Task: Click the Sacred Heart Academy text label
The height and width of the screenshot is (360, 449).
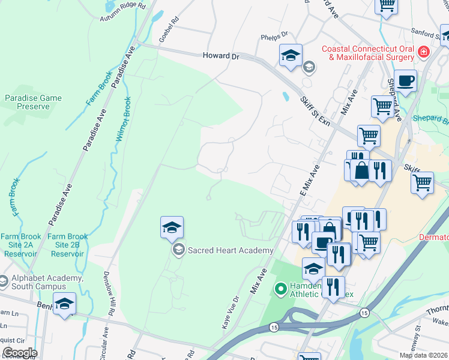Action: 231,250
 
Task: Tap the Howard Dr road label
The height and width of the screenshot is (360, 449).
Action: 220,56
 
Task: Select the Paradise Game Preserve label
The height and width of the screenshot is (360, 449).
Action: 34,102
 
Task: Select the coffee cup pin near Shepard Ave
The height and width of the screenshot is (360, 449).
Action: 405,80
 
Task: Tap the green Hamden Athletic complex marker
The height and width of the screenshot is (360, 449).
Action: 280,290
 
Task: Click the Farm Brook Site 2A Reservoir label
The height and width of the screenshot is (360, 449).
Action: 20,245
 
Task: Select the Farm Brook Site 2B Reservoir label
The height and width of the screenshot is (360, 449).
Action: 68,245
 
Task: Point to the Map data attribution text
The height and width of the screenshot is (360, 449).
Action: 423,355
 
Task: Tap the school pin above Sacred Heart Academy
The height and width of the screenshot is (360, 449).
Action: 172,227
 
